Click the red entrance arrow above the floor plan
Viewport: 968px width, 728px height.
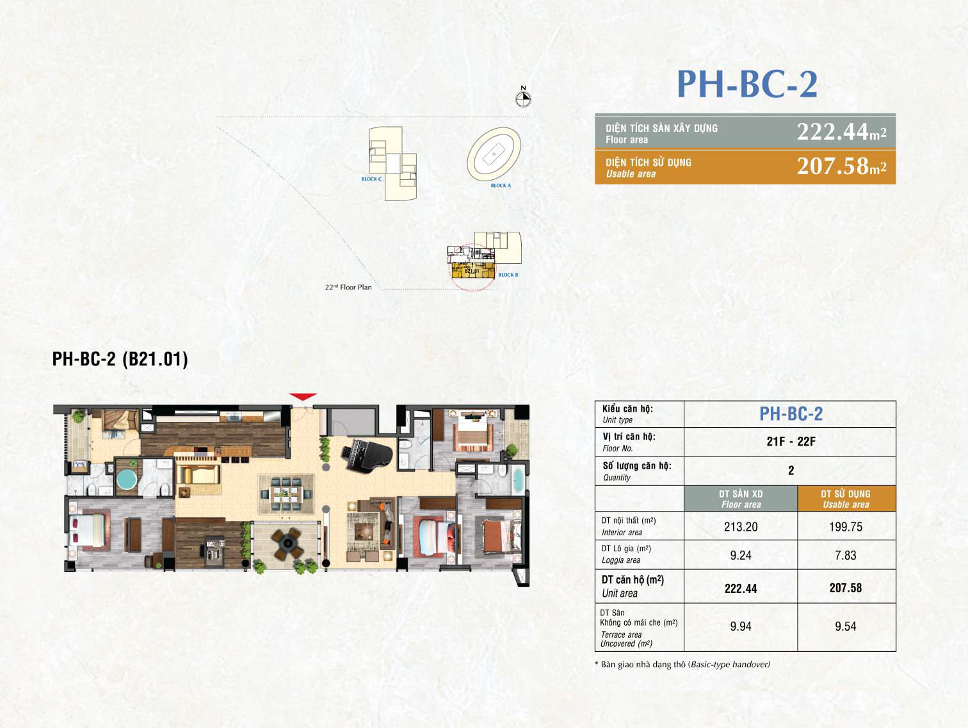(303, 397)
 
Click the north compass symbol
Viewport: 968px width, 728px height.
(523, 99)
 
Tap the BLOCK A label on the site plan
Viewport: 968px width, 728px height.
(501, 186)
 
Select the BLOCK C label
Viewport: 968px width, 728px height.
(371, 179)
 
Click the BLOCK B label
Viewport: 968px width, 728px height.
(508, 275)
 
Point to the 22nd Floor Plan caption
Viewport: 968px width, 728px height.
(348, 287)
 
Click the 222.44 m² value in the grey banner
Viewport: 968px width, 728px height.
(841, 132)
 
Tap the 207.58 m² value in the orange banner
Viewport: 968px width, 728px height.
(841, 166)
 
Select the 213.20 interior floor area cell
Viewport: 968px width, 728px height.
(741, 527)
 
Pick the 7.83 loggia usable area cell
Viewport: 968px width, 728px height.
(845, 556)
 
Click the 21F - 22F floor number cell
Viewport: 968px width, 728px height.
(791, 442)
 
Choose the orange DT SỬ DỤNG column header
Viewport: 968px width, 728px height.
(846, 499)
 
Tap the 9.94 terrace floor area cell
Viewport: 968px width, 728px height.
(741, 627)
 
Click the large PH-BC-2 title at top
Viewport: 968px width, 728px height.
(747, 85)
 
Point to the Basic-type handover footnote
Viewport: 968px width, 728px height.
(682, 665)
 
